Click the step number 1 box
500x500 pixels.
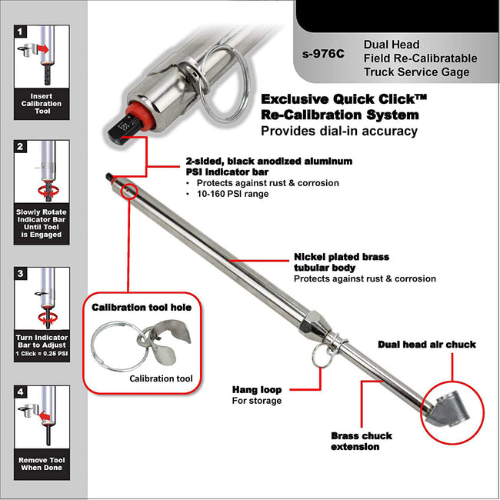click(x=21, y=32)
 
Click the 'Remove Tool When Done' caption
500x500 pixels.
click(x=42, y=465)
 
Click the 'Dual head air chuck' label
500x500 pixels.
click(x=426, y=345)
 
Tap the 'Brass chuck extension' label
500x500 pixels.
click(x=361, y=441)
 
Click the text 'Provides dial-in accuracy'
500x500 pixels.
click(x=338, y=131)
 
